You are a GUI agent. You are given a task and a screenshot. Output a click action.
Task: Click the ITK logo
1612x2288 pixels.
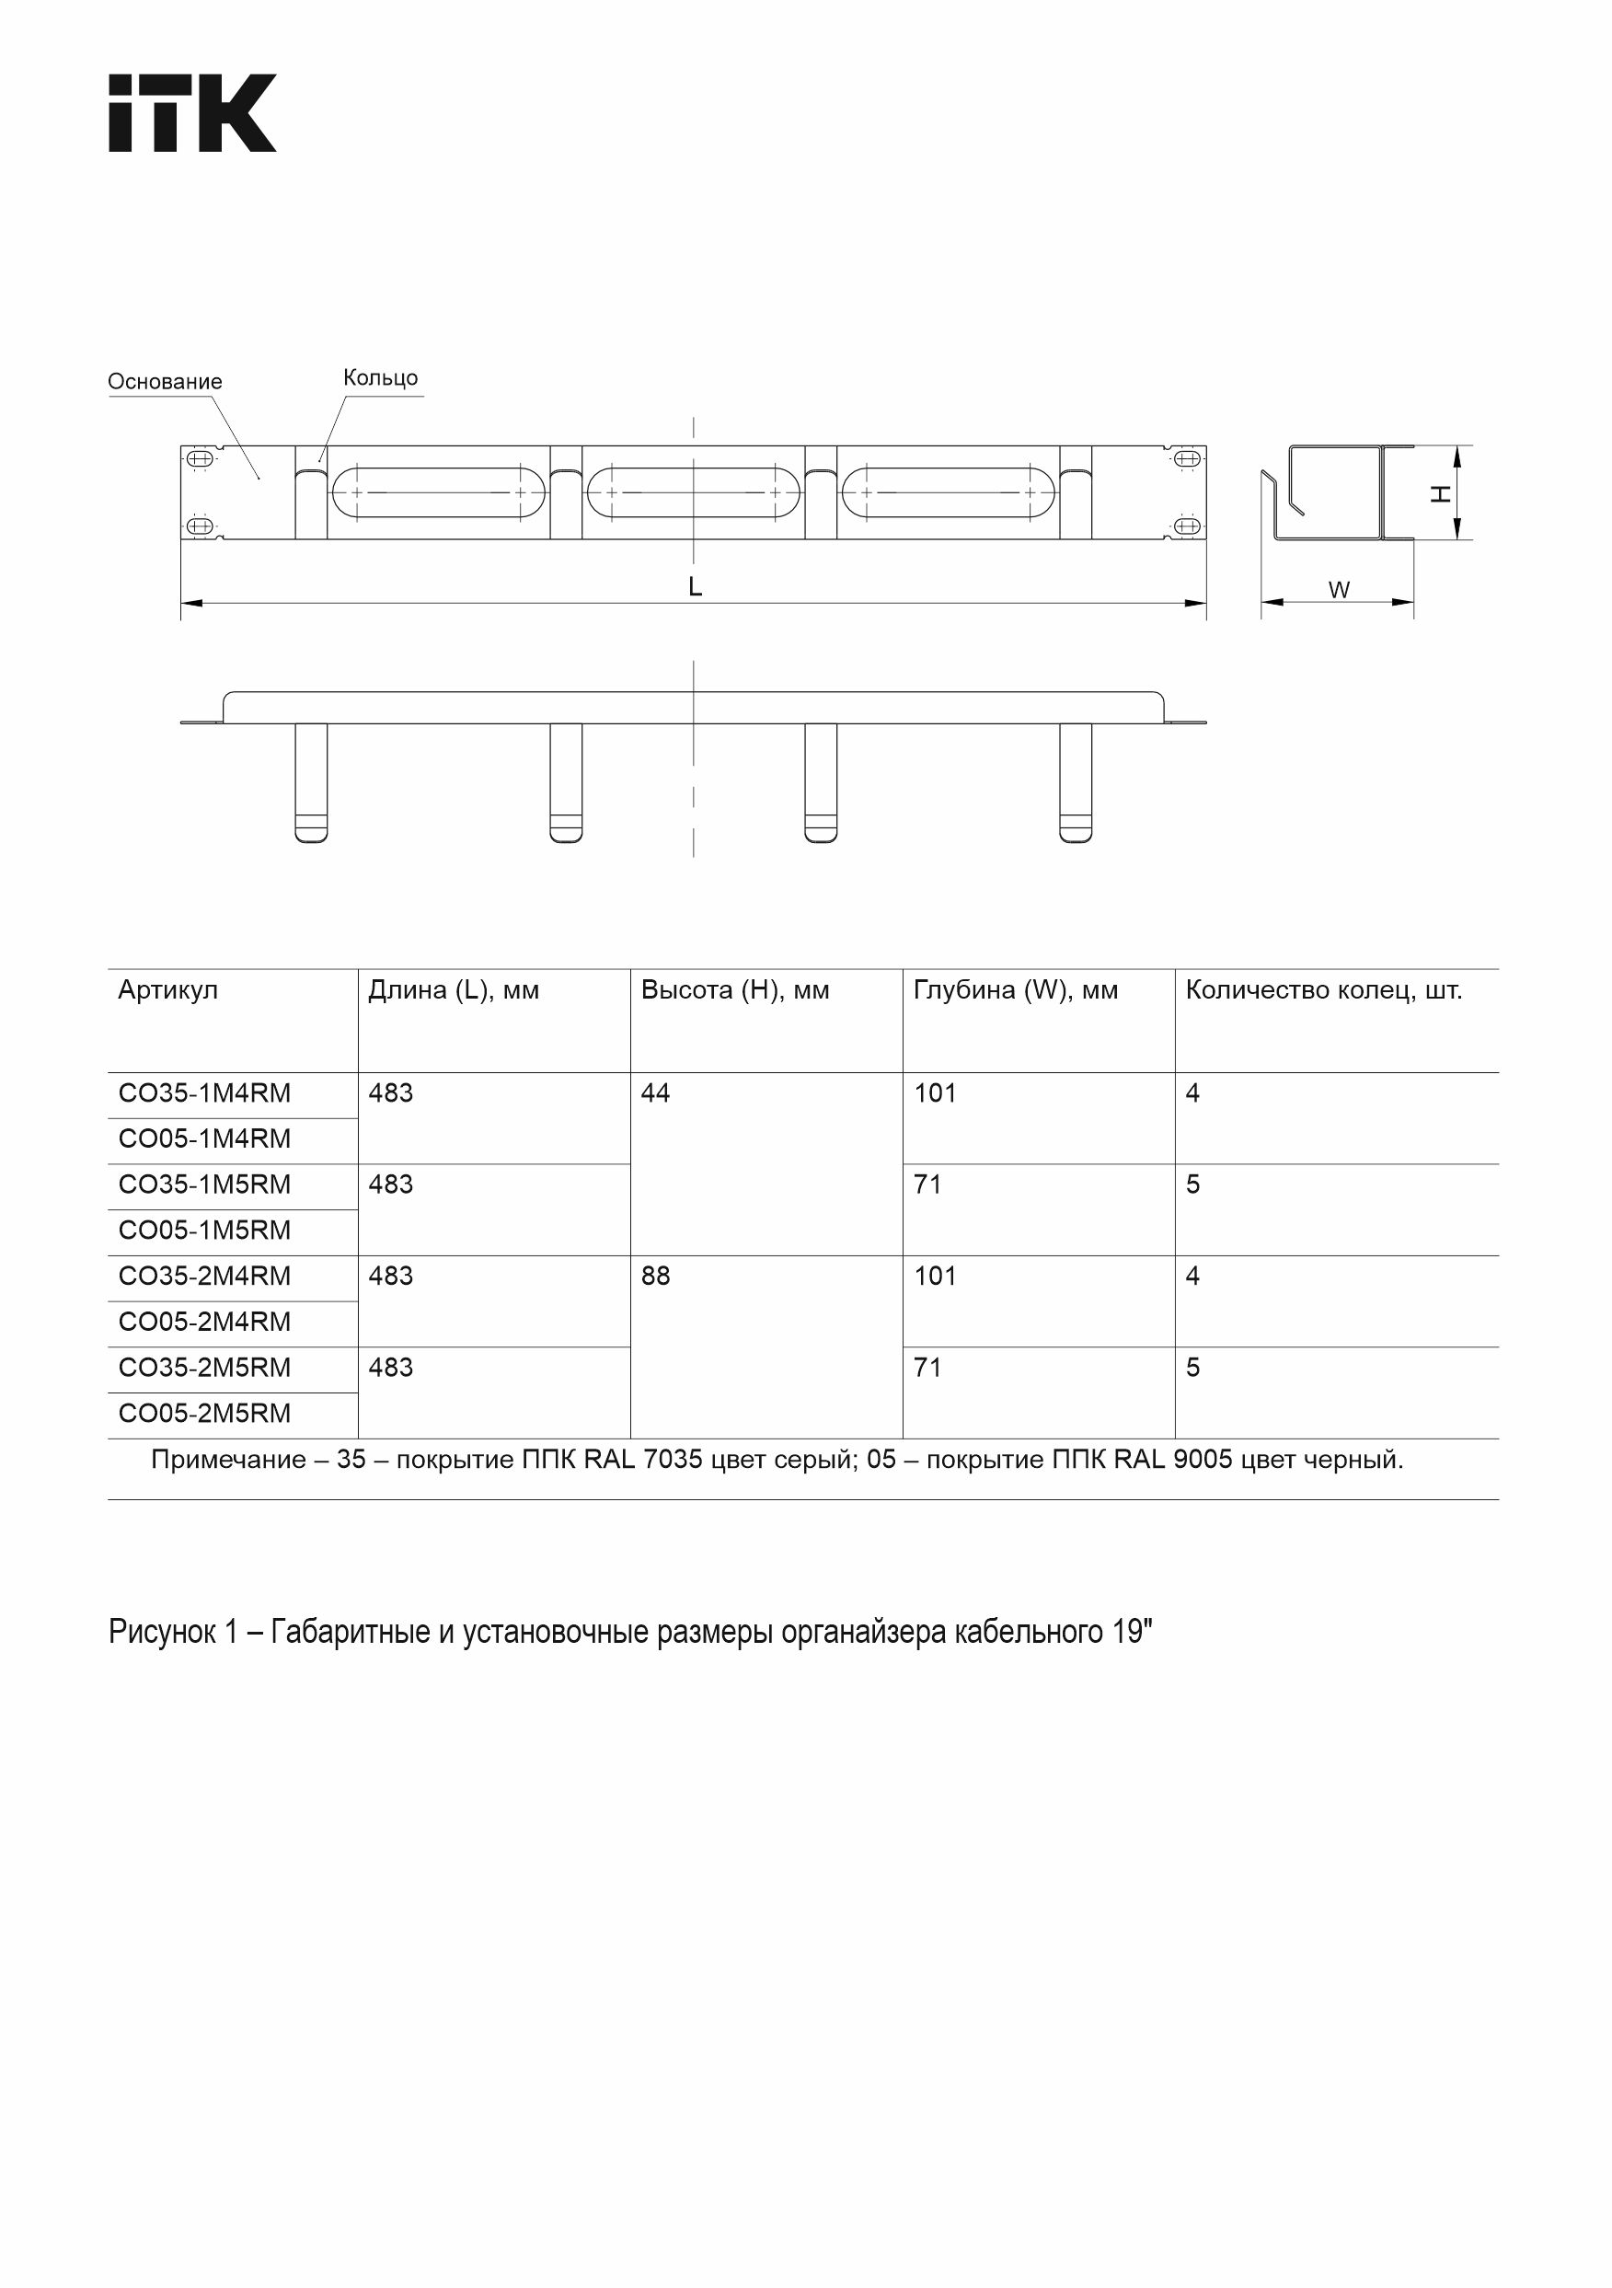[192, 112]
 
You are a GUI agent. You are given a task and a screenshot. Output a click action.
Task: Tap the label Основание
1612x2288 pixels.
[165, 382]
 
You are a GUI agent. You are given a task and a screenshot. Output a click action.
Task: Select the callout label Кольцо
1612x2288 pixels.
[381, 377]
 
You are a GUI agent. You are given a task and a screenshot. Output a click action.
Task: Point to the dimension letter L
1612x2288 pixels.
[696, 587]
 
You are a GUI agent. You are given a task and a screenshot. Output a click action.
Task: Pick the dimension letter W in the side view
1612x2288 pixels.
[1339, 590]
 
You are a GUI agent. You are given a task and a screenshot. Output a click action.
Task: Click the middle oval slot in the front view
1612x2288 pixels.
[693, 492]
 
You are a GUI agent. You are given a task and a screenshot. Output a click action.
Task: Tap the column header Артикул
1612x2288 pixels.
[167, 989]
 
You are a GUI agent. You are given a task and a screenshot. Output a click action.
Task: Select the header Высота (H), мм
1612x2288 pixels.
[735, 989]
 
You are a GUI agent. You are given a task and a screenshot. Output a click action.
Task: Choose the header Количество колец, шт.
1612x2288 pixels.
[1323, 989]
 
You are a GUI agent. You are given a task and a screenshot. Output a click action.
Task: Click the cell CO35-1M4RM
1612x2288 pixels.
[204, 1093]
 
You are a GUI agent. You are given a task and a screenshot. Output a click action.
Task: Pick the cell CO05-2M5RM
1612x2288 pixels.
[204, 1413]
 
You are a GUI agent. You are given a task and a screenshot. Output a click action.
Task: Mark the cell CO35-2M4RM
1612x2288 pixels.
[204, 1276]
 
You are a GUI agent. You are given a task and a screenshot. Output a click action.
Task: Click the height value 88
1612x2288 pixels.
[655, 1276]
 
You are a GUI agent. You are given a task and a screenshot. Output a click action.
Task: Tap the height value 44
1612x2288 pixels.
[655, 1093]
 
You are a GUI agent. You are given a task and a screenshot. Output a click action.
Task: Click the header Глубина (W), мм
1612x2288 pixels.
[1015, 989]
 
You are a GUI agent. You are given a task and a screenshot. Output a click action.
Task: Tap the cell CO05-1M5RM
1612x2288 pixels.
[204, 1230]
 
